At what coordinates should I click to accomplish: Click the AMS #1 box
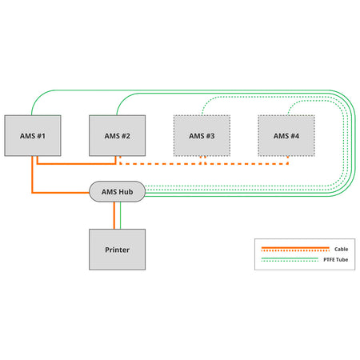33,135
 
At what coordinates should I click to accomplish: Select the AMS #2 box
117,135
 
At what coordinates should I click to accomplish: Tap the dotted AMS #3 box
202,135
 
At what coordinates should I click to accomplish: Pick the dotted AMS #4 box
286,135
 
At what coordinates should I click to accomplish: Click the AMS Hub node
117,191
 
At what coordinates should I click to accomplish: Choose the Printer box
117,250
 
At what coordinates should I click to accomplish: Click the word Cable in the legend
341,249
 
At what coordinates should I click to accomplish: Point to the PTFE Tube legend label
335,259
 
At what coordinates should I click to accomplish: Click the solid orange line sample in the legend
295,248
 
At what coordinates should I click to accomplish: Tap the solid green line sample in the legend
290,258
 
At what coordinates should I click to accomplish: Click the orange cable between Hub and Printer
114,215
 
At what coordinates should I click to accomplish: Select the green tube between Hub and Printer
120,215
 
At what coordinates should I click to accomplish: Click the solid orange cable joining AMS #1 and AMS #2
76,164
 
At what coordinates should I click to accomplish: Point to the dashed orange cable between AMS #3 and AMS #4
246,164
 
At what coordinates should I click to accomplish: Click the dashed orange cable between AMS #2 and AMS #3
160,164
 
